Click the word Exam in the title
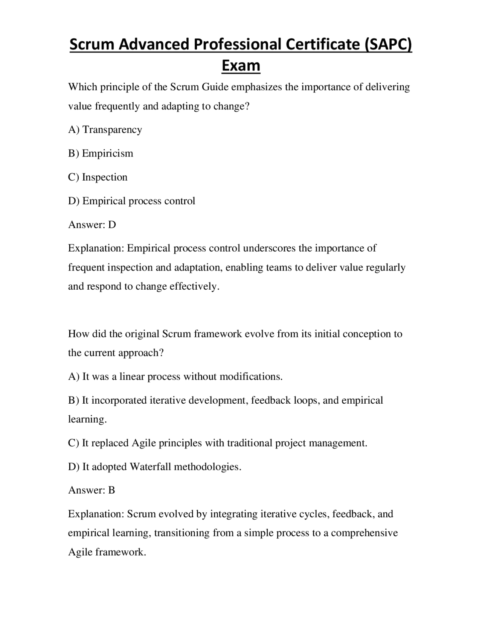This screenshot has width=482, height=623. pyautogui.click(x=241, y=66)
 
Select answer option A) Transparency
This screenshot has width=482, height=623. pyautogui.click(x=105, y=130)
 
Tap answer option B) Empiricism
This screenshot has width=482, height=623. pyautogui.click(x=101, y=153)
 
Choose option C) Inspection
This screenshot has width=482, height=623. pyautogui.click(x=98, y=177)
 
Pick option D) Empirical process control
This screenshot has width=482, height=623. pyautogui.click(x=131, y=201)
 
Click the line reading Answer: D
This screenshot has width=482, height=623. pyautogui.click(x=92, y=225)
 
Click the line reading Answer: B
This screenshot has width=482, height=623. pyautogui.click(x=92, y=490)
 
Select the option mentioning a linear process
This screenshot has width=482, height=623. pyautogui.click(x=175, y=377)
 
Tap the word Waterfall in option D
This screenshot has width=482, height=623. pyautogui.click(x=150, y=467)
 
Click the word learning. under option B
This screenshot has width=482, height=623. pyautogui.click(x=87, y=419)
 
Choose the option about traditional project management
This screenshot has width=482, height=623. pyautogui.click(x=217, y=443)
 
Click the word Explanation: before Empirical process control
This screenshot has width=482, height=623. pyautogui.click(x=96, y=248)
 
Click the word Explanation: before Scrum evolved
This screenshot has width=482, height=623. pyautogui.click(x=96, y=514)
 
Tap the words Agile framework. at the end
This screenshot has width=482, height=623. pyautogui.click(x=107, y=552)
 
